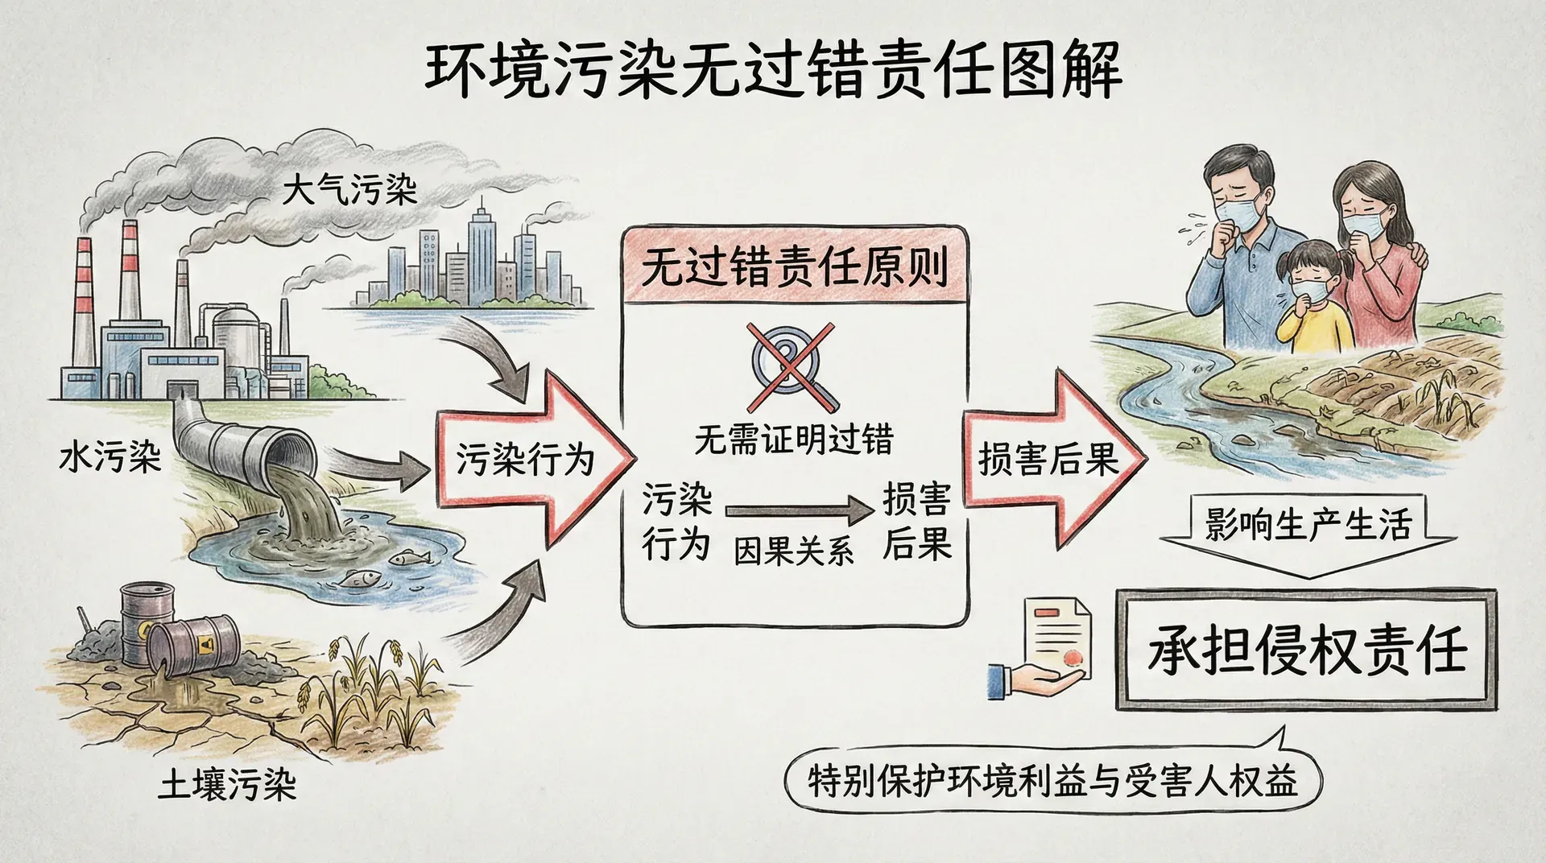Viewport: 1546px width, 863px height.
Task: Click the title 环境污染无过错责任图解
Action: [x=773, y=71]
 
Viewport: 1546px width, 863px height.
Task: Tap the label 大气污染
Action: [x=349, y=192]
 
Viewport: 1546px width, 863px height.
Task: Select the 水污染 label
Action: [x=110, y=459]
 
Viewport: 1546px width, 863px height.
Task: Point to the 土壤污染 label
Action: [x=226, y=785]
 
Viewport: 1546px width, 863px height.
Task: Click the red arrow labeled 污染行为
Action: [x=531, y=459]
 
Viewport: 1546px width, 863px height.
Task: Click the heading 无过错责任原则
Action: [x=793, y=266]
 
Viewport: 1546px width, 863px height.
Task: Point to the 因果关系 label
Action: [x=793, y=552]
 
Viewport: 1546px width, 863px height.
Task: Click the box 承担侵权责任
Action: [x=1306, y=649]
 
